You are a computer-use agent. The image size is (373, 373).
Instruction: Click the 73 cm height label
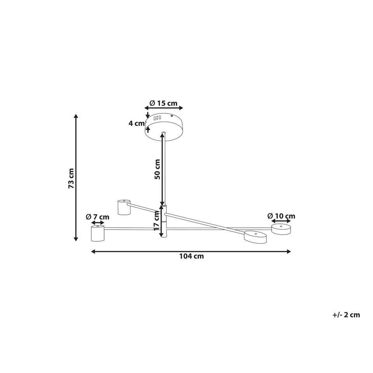pyautogui.click(x=71, y=178)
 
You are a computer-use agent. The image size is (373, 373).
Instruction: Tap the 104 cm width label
pyautogui.click(x=191, y=256)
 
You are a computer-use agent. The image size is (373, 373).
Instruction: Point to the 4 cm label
pyautogui.click(x=136, y=123)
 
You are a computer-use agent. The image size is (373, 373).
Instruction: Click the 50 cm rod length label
pyautogui.click(x=157, y=169)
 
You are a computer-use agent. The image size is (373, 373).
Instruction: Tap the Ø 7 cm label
pyautogui.click(x=98, y=217)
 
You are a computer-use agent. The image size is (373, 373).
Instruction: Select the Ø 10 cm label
pyautogui.click(x=281, y=216)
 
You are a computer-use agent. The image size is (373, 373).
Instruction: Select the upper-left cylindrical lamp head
pyautogui.click(x=124, y=207)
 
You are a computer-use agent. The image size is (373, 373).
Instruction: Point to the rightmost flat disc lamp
pyautogui.click(x=281, y=229)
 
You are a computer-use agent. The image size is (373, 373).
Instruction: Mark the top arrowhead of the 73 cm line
pyautogui.click(x=76, y=115)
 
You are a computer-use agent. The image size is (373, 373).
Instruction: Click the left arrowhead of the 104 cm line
pyautogui.click(x=92, y=251)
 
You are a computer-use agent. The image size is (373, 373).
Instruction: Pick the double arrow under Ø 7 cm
pyautogui.click(x=97, y=223)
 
